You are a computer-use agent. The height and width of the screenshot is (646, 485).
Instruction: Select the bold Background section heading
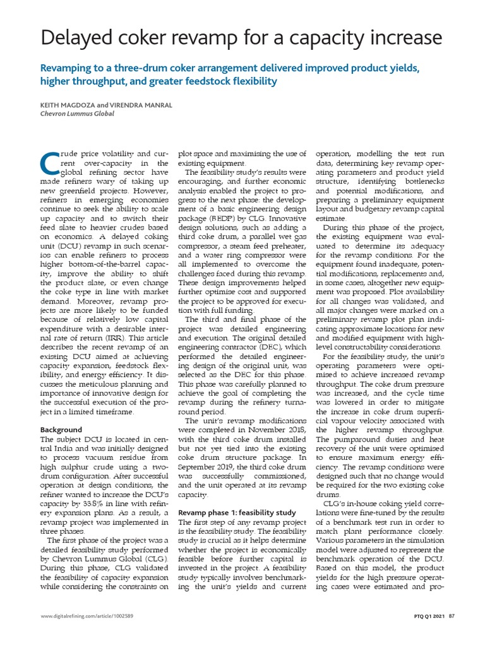pos(62,430)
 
